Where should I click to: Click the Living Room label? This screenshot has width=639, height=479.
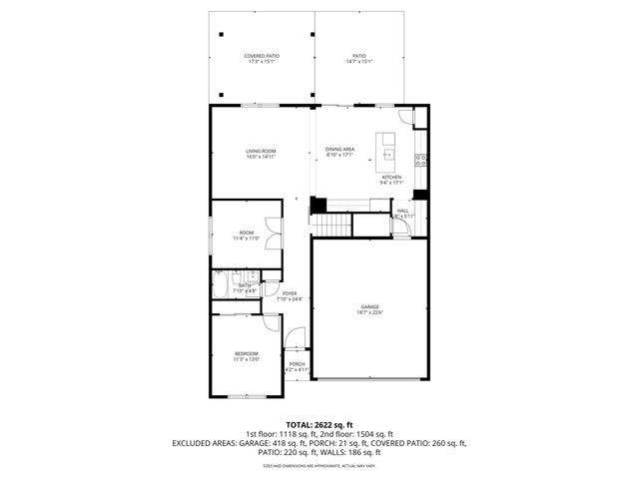pos(261,153)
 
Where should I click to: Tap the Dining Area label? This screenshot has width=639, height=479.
pos(339,152)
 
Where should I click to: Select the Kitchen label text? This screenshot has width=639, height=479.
pos(391,180)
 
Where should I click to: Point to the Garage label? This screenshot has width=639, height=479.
pos(370,309)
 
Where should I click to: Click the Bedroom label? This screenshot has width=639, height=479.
pos(247,356)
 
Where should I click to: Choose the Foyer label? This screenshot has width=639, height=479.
pos(290,295)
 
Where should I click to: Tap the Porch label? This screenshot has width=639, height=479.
pos(297,366)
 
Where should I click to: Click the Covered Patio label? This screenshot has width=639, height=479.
pos(261,58)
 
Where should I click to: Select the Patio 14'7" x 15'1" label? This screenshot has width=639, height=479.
pos(358,58)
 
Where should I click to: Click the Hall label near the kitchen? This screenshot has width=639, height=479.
pos(403,213)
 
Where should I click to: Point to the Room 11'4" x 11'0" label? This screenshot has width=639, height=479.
pos(246,236)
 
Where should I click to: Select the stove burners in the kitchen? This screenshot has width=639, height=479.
pos(421,160)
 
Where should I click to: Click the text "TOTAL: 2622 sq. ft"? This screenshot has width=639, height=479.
pos(319,424)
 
